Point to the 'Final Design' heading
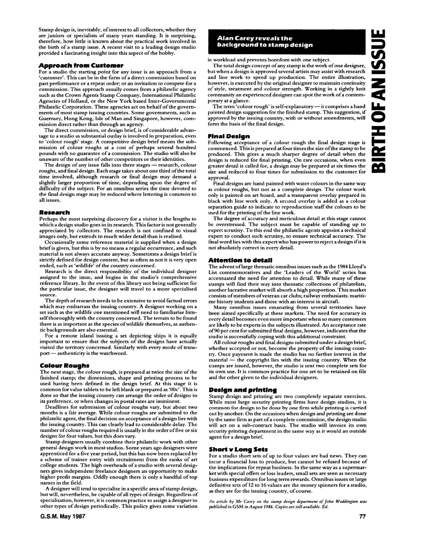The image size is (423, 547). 229,137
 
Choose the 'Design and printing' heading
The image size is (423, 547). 242,390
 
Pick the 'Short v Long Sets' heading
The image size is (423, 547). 238,449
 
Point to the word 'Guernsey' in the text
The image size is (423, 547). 48,119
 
